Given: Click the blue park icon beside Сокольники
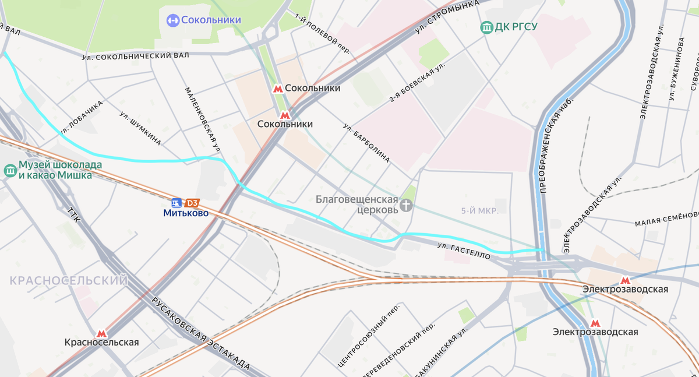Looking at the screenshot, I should click(x=172, y=20).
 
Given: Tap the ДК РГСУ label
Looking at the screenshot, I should click(x=516, y=27).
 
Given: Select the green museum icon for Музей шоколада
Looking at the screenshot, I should click(x=10, y=170).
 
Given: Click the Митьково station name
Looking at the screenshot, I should click(x=185, y=213).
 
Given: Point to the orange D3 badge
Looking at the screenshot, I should click(x=192, y=203).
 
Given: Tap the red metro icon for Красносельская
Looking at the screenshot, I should click(x=101, y=333).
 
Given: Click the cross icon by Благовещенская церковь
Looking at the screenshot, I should click(x=406, y=205).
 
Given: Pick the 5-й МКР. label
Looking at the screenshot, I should click(x=479, y=211).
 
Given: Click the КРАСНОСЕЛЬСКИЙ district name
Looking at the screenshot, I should click(x=68, y=281).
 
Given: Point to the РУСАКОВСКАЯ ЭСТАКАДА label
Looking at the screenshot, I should click(x=201, y=334).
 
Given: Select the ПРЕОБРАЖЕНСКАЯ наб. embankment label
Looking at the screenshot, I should click(x=556, y=145).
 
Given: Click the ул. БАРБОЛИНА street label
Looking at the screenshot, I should click(x=366, y=142).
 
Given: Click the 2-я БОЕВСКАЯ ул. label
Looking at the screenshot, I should click(x=417, y=82).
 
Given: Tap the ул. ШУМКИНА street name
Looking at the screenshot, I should click(x=140, y=128).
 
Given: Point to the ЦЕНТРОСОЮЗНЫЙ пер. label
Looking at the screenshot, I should click(x=369, y=336).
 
